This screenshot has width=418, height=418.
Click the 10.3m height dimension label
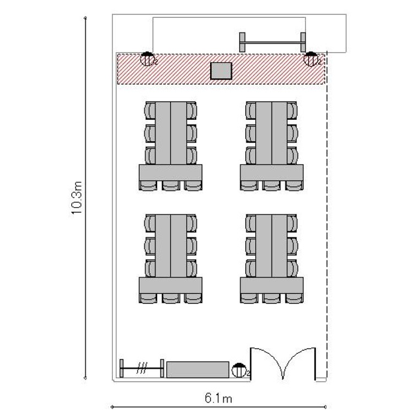(x=77, y=197)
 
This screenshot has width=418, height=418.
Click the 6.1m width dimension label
(x=218, y=398)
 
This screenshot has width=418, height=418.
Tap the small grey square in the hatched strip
(x=221, y=71)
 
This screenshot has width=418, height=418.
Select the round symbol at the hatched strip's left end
(x=147, y=59)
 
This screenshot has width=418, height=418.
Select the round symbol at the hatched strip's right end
(x=311, y=59)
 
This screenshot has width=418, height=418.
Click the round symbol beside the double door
(x=239, y=370)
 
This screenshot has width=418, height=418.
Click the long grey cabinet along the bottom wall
(x=198, y=370)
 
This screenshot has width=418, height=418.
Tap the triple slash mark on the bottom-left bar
(x=142, y=368)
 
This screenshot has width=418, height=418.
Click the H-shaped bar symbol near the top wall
(x=273, y=42)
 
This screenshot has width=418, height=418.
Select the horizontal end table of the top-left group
(x=171, y=172)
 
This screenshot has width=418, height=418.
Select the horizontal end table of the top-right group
(x=271, y=172)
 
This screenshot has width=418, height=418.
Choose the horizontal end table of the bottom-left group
(x=171, y=285)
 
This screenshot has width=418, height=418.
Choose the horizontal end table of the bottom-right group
(x=271, y=285)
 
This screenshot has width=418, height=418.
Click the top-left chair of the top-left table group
(x=150, y=110)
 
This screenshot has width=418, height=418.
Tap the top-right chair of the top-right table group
(x=292, y=110)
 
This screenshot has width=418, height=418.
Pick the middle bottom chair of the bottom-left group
(x=171, y=298)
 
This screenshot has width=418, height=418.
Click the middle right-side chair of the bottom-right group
(x=292, y=246)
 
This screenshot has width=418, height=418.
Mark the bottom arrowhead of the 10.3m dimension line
(x=85, y=378)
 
